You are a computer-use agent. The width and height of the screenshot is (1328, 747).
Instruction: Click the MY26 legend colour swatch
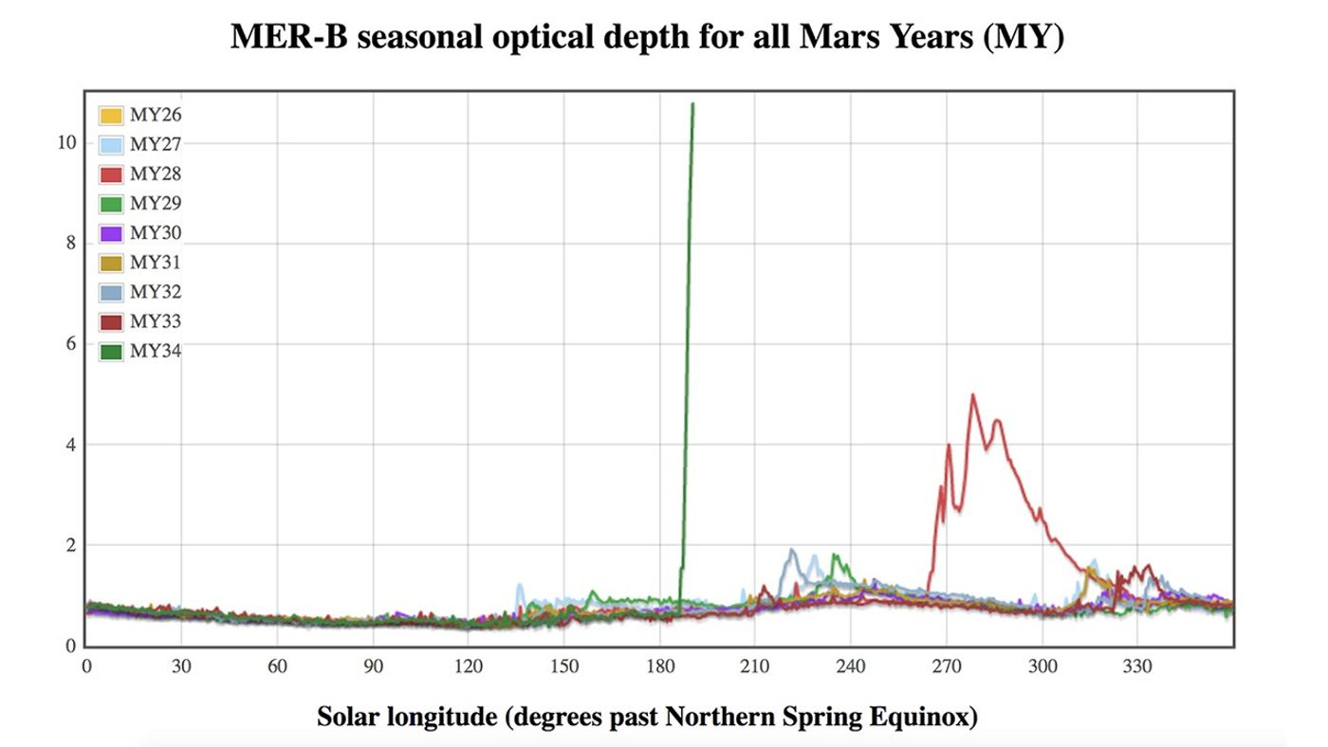112,116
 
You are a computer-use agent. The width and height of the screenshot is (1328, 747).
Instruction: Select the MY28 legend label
156,174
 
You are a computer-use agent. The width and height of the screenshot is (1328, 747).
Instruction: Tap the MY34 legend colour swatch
112,352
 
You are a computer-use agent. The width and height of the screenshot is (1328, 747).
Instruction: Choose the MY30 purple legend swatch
112,233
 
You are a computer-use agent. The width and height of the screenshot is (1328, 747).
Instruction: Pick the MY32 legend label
156,292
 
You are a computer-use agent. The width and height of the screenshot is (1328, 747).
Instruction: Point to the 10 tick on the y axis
66,143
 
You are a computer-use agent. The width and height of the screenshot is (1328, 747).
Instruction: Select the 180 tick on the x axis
659,666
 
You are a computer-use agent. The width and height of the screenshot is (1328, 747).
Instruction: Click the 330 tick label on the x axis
1137,666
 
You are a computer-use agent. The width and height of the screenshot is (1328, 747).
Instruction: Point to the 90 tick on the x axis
373,666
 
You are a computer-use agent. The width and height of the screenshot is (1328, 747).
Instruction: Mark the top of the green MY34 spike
692,104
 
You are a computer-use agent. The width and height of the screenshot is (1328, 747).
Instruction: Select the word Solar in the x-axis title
348,717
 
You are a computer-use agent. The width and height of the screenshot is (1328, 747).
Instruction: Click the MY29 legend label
156,204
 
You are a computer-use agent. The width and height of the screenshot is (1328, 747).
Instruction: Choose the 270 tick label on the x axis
947,666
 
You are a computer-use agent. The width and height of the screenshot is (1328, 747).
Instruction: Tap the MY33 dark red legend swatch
112,322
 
